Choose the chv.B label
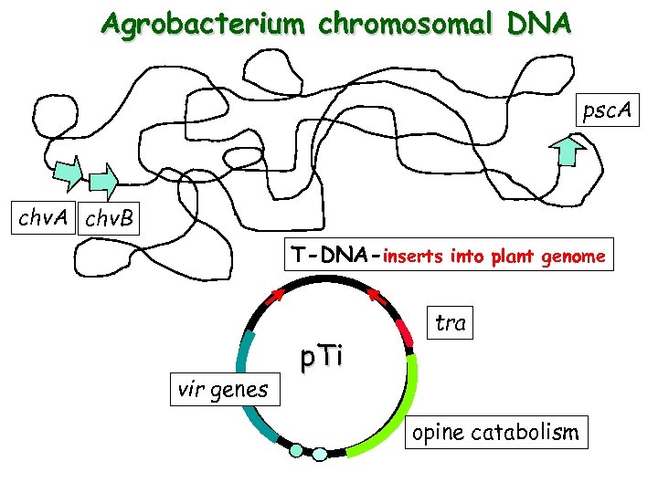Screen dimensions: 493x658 click(109, 220)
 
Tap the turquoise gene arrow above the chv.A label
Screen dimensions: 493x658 click(67, 173)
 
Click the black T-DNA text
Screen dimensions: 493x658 click(332, 257)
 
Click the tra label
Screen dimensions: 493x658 click(451, 323)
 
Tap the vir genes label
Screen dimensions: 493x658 click(224, 390)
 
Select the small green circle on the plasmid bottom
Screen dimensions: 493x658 click(295, 449)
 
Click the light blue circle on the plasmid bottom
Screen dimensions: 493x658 click(319, 454)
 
